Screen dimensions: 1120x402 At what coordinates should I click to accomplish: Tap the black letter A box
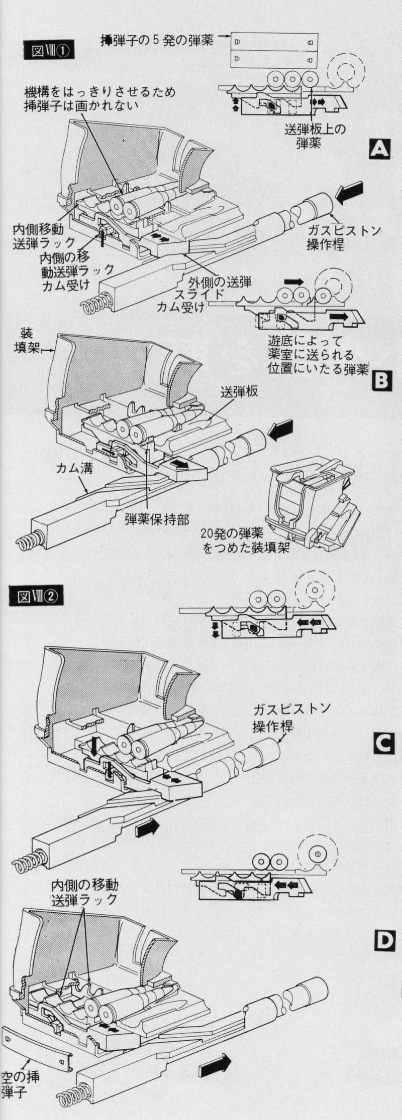click(379, 149)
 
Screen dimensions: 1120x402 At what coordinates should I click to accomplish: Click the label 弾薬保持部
click(157, 519)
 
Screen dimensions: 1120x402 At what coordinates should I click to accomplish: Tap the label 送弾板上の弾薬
click(315, 135)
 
